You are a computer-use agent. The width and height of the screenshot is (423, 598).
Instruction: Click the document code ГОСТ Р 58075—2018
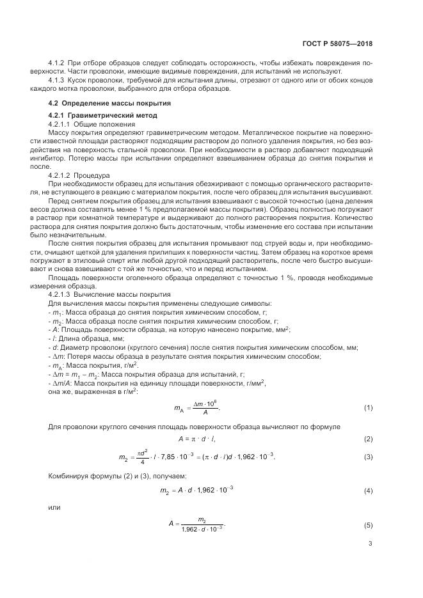click(x=337, y=44)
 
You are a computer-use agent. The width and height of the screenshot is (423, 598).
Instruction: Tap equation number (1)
click(x=368, y=407)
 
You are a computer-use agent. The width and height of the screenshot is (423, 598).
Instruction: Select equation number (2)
click(x=368, y=439)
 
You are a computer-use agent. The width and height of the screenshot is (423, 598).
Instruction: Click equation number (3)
click(x=368, y=456)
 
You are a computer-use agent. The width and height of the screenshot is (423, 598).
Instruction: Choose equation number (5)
click(x=368, y=525)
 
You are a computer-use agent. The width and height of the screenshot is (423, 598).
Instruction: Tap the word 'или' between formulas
click(x=54, y=508)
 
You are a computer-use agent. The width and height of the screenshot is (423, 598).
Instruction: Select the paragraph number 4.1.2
click(x=58, y=64)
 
